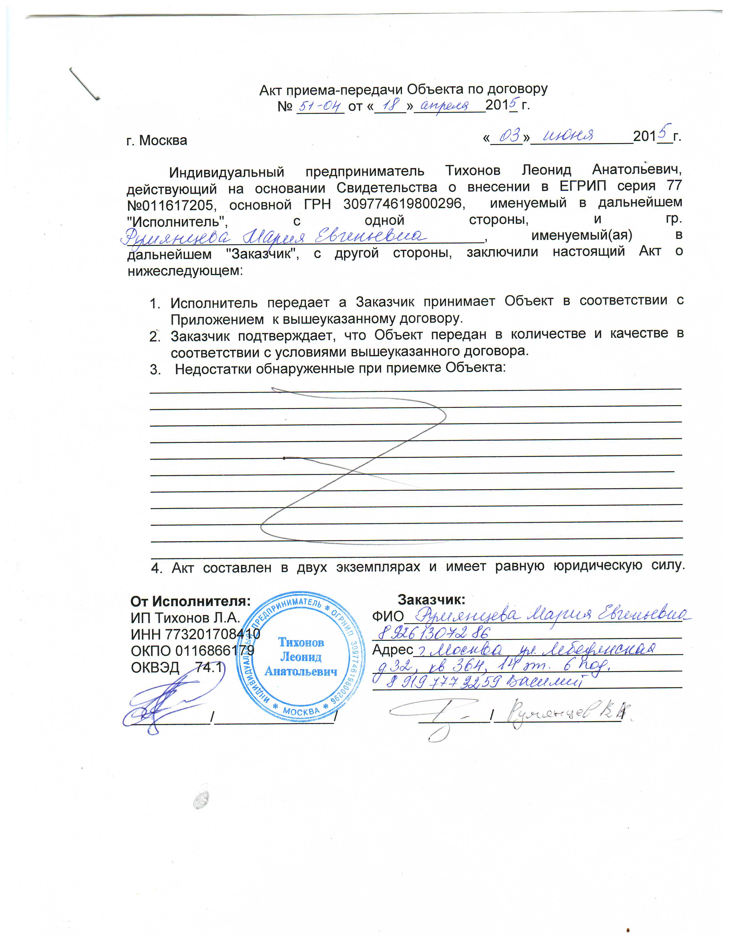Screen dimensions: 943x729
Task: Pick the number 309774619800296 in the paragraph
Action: coord(403,203)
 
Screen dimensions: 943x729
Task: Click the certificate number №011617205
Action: coord(170,205)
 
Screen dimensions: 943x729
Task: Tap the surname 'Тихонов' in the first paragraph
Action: coord(473,171)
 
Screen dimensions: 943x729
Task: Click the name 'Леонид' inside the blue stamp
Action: coord(301,657)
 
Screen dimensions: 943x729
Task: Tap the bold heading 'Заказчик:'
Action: coord(431,600)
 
